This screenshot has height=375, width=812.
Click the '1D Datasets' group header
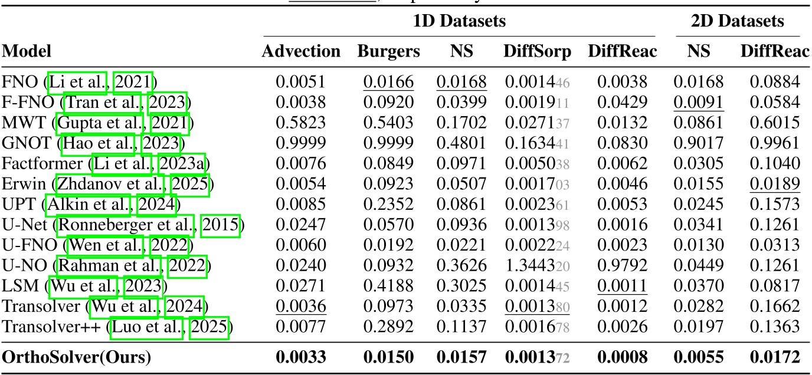pyautogui.click(x=459, y=22)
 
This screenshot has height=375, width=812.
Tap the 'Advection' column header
pyautogui.click(x=301, y=51)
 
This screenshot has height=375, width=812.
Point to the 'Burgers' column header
pyautogui.click(x=388, y=51)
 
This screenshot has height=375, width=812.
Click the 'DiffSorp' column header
pyautogui.click(x=537, y=51)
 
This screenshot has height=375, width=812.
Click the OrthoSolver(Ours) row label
pyautogui.click(x=77, y=356)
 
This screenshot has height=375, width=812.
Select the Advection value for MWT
pyautogui.click(x=301, y=123)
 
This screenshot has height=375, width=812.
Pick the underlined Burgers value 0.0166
pyautogui.click(x=388, y=81)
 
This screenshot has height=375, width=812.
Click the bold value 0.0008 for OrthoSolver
pyautogui.click(x=622, y=356)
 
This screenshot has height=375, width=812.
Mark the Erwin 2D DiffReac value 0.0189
pyautogui.click(x=775, y=185)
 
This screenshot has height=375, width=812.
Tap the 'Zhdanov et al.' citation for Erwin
pyautogui.click(x=112, y=185)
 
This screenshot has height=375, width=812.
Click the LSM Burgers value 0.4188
pyautogui.click(x=388, y=287)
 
